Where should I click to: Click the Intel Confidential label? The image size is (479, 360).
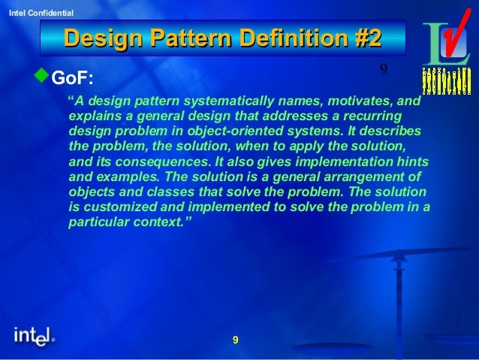point(37,14)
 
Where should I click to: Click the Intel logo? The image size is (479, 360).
point(34,338)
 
